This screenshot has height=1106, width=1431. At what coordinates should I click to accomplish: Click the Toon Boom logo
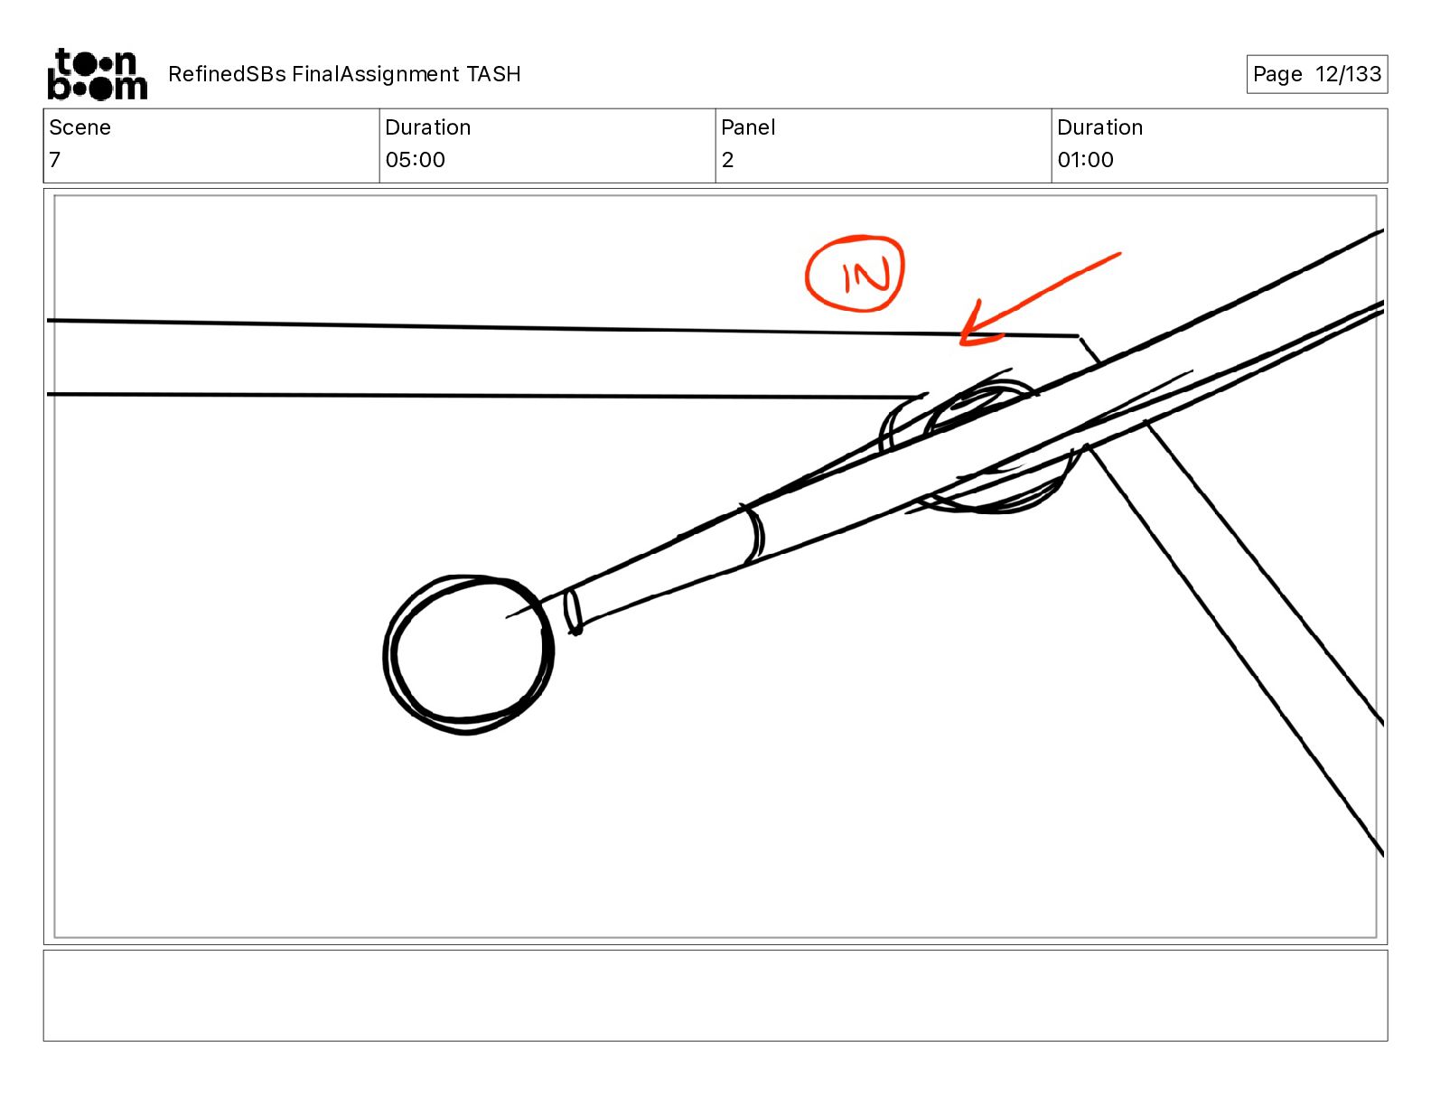[x=98, y=74]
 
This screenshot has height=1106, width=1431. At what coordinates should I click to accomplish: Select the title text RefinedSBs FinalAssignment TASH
[x=344, y=74]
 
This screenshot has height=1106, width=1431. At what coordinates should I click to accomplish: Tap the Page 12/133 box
[x=1316, y=74]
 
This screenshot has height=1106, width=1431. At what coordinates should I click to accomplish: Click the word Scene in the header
[x=79, y=127]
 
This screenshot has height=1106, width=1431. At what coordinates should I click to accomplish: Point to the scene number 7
[x=55, y=159]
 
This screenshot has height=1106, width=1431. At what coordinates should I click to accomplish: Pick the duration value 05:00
[x=415, y=159]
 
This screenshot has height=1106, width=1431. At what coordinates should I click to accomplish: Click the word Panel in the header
[x=748, y=127]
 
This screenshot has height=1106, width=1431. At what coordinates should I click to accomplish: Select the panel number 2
[x=727, y=159]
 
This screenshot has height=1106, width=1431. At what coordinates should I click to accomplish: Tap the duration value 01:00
[x=1085, y=159]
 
